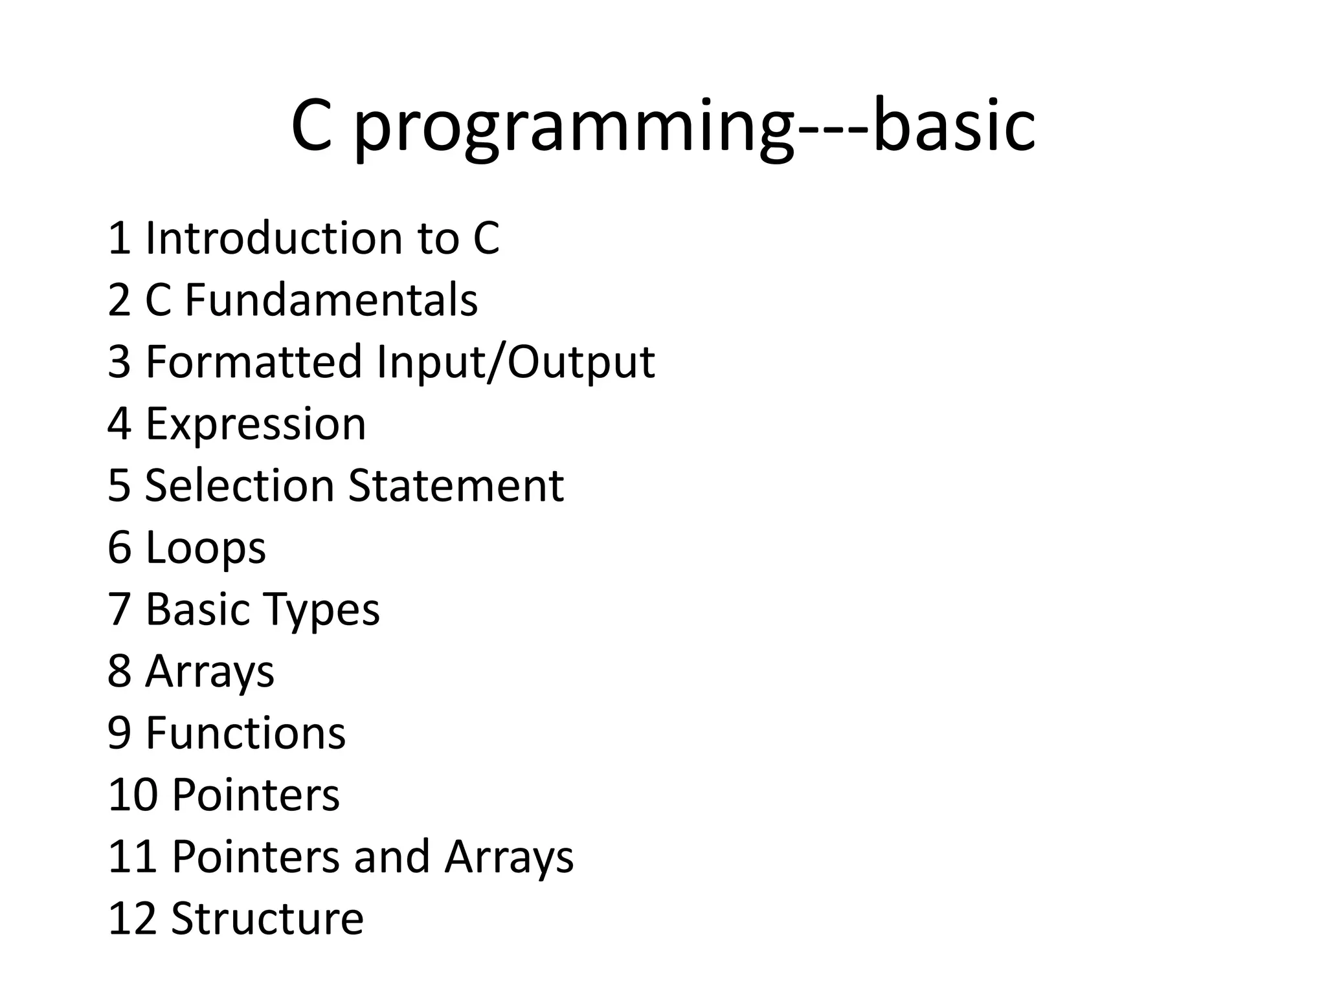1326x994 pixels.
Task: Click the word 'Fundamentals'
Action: (x=331, y=300)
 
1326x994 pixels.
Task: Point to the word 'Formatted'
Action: (x=253, y=362)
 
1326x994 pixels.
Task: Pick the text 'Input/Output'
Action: (x=516, y=362)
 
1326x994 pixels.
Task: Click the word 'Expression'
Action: (x=256, y=424)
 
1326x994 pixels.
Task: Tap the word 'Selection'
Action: (x=238, y=485)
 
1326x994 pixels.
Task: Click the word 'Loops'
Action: (x=205, y=548)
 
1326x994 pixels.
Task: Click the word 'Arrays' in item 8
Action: (x=210, y=672)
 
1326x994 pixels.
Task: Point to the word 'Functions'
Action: (x=245, y=733)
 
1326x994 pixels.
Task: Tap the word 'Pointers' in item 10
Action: (x=256, y=795)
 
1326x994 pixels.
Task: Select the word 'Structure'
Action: (x=267, y=918)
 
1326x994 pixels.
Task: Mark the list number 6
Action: (x=120, y=548)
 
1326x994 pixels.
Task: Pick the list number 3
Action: (x=120, y=362)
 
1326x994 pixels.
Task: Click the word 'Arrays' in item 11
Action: (x=509, y=857)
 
